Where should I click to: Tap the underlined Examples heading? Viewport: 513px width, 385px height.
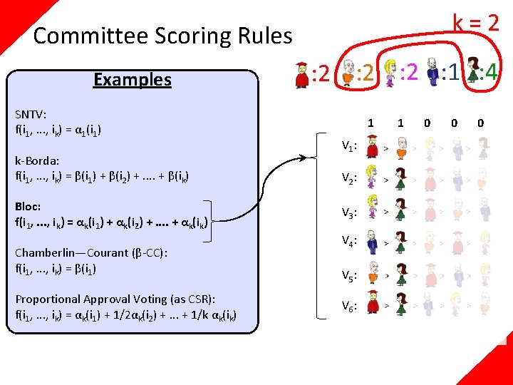[133, 79]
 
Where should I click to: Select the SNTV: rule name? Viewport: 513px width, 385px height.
[31, 114]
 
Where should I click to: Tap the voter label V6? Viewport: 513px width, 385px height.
[348, 306]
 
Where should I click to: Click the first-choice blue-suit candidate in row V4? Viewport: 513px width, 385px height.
[371, 243]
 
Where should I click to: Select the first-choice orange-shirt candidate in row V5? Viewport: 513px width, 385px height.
[371, 274]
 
